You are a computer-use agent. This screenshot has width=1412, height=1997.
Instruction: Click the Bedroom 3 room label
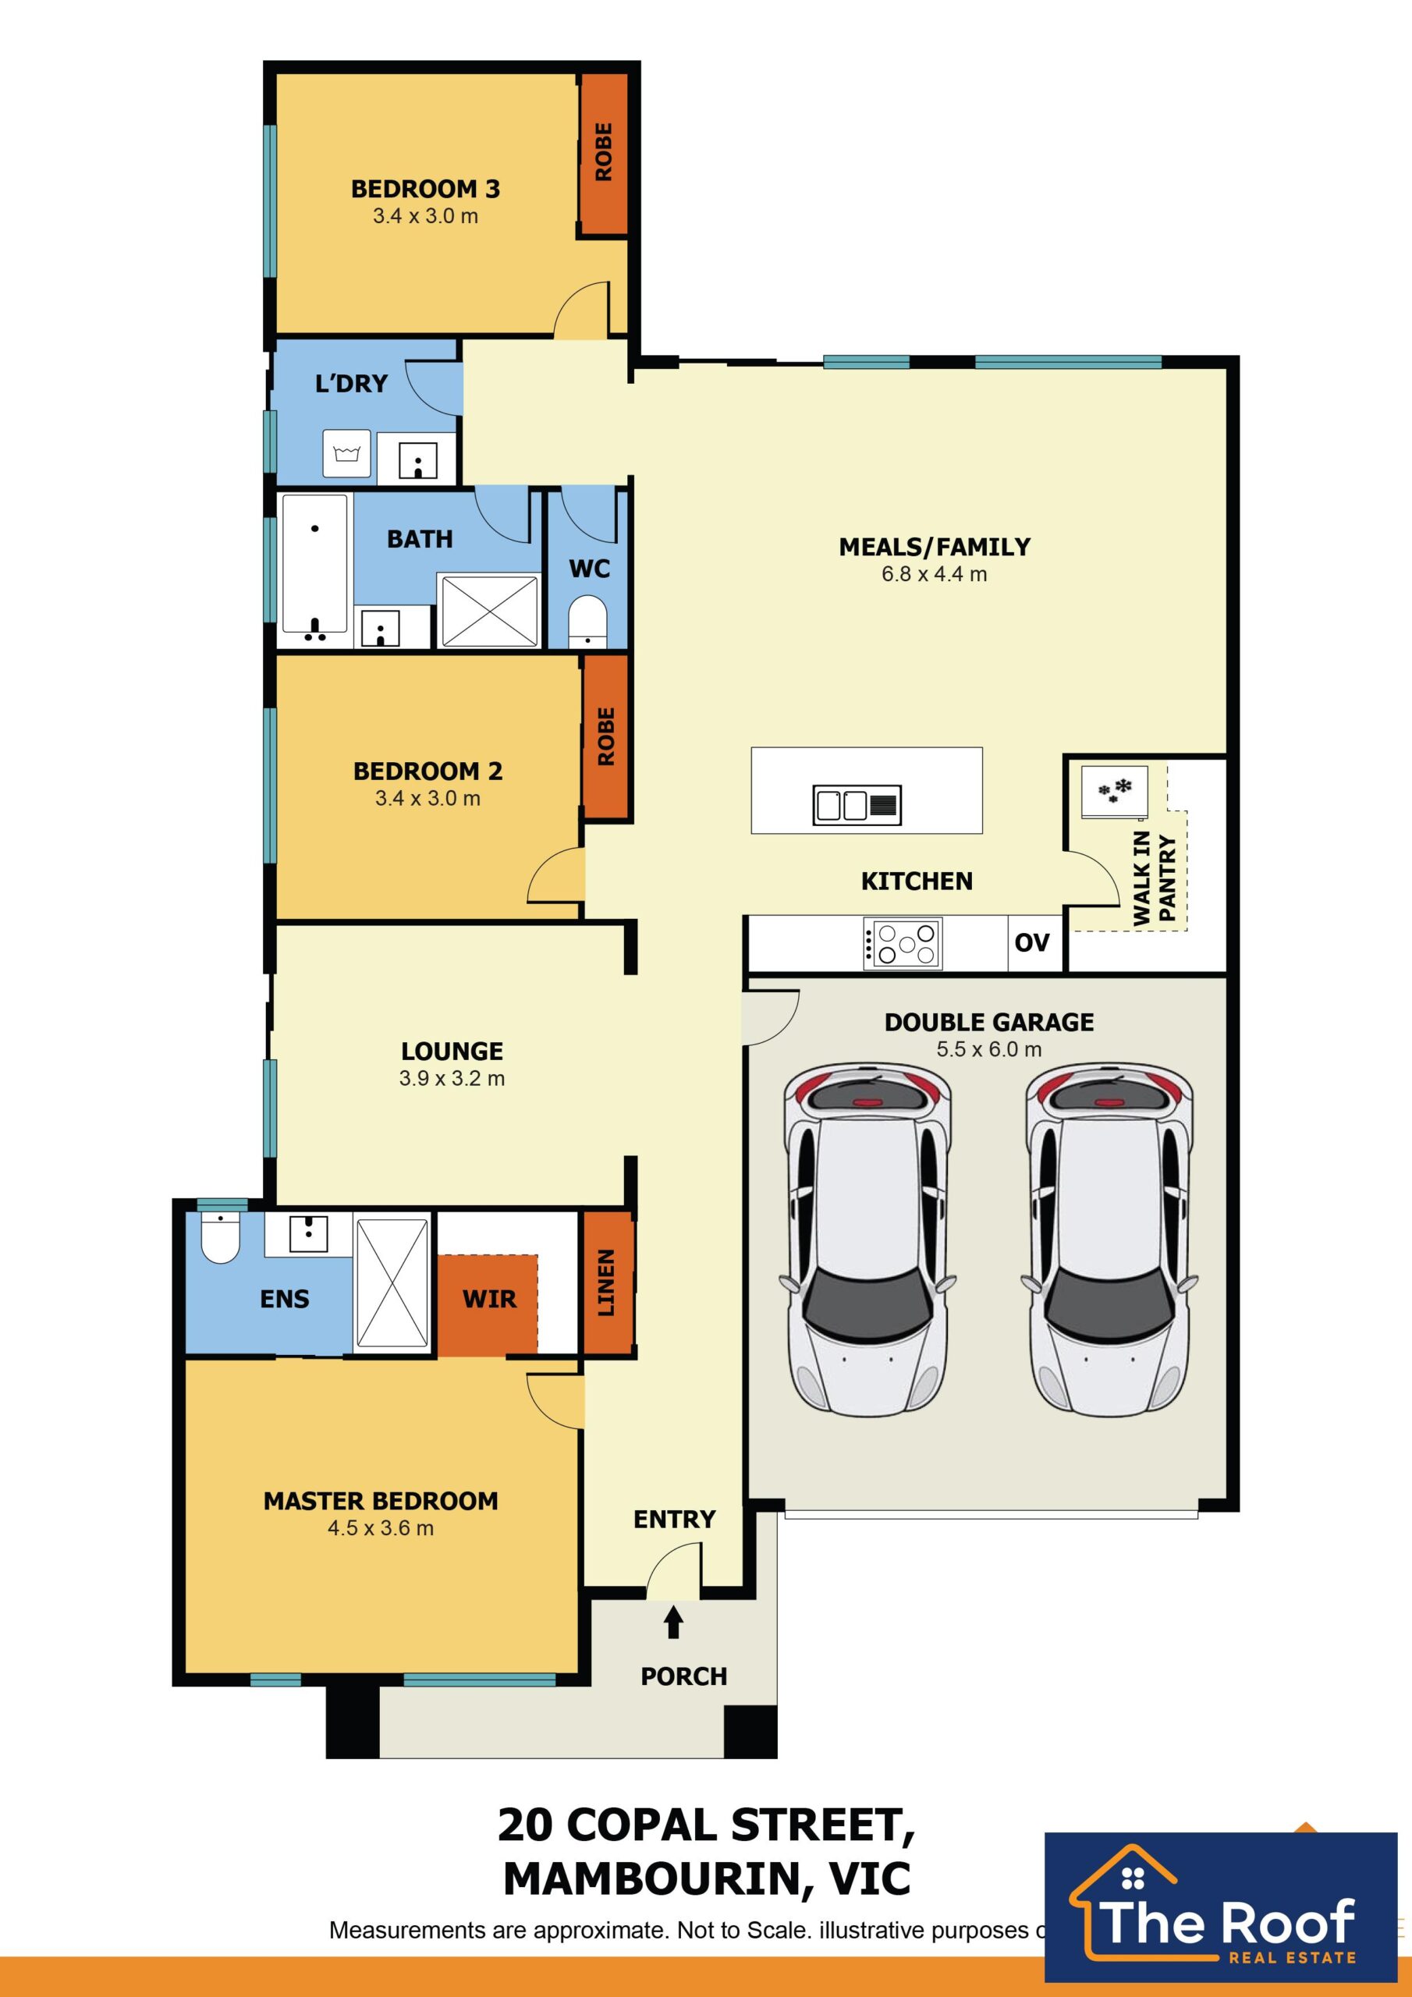click(425, 189)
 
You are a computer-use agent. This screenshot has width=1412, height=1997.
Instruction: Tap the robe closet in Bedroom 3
click(604, 153)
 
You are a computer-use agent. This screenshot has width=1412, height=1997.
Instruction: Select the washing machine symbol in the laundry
click(346, 453)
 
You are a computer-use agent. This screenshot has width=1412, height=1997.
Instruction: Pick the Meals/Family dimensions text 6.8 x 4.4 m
click(934, 574)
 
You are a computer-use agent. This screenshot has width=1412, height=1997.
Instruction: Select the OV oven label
click(1032, 943)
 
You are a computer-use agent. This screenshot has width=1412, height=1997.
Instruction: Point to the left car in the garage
click(867, 1239)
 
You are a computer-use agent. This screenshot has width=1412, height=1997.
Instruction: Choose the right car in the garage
click(1109, 1239)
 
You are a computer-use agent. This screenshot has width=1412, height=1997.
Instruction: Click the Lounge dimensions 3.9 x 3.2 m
click(452, 1079)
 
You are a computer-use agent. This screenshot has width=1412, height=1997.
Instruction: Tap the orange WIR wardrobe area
click(488, 1304)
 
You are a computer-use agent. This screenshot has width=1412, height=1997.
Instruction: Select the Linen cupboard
click(606, 1282)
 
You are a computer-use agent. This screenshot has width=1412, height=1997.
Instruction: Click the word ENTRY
click(674, 1520)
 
